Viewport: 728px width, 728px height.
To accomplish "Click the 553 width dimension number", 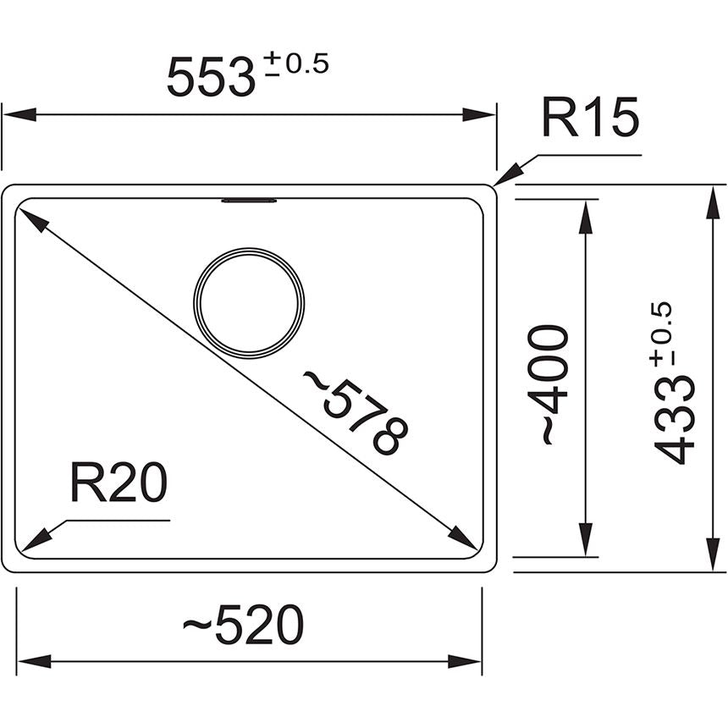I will tap(211, 77).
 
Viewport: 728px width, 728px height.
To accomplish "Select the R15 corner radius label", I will tap(590, 119).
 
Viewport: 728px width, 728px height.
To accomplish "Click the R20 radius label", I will tap(118, 484).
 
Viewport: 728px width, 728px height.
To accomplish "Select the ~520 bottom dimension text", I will tap(244, 627).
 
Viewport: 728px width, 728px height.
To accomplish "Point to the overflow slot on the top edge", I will tap(249, 201).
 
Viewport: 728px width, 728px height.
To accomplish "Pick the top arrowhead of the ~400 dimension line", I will tap(583, 215).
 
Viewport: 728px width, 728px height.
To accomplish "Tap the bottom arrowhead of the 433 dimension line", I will tap(709, 555).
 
